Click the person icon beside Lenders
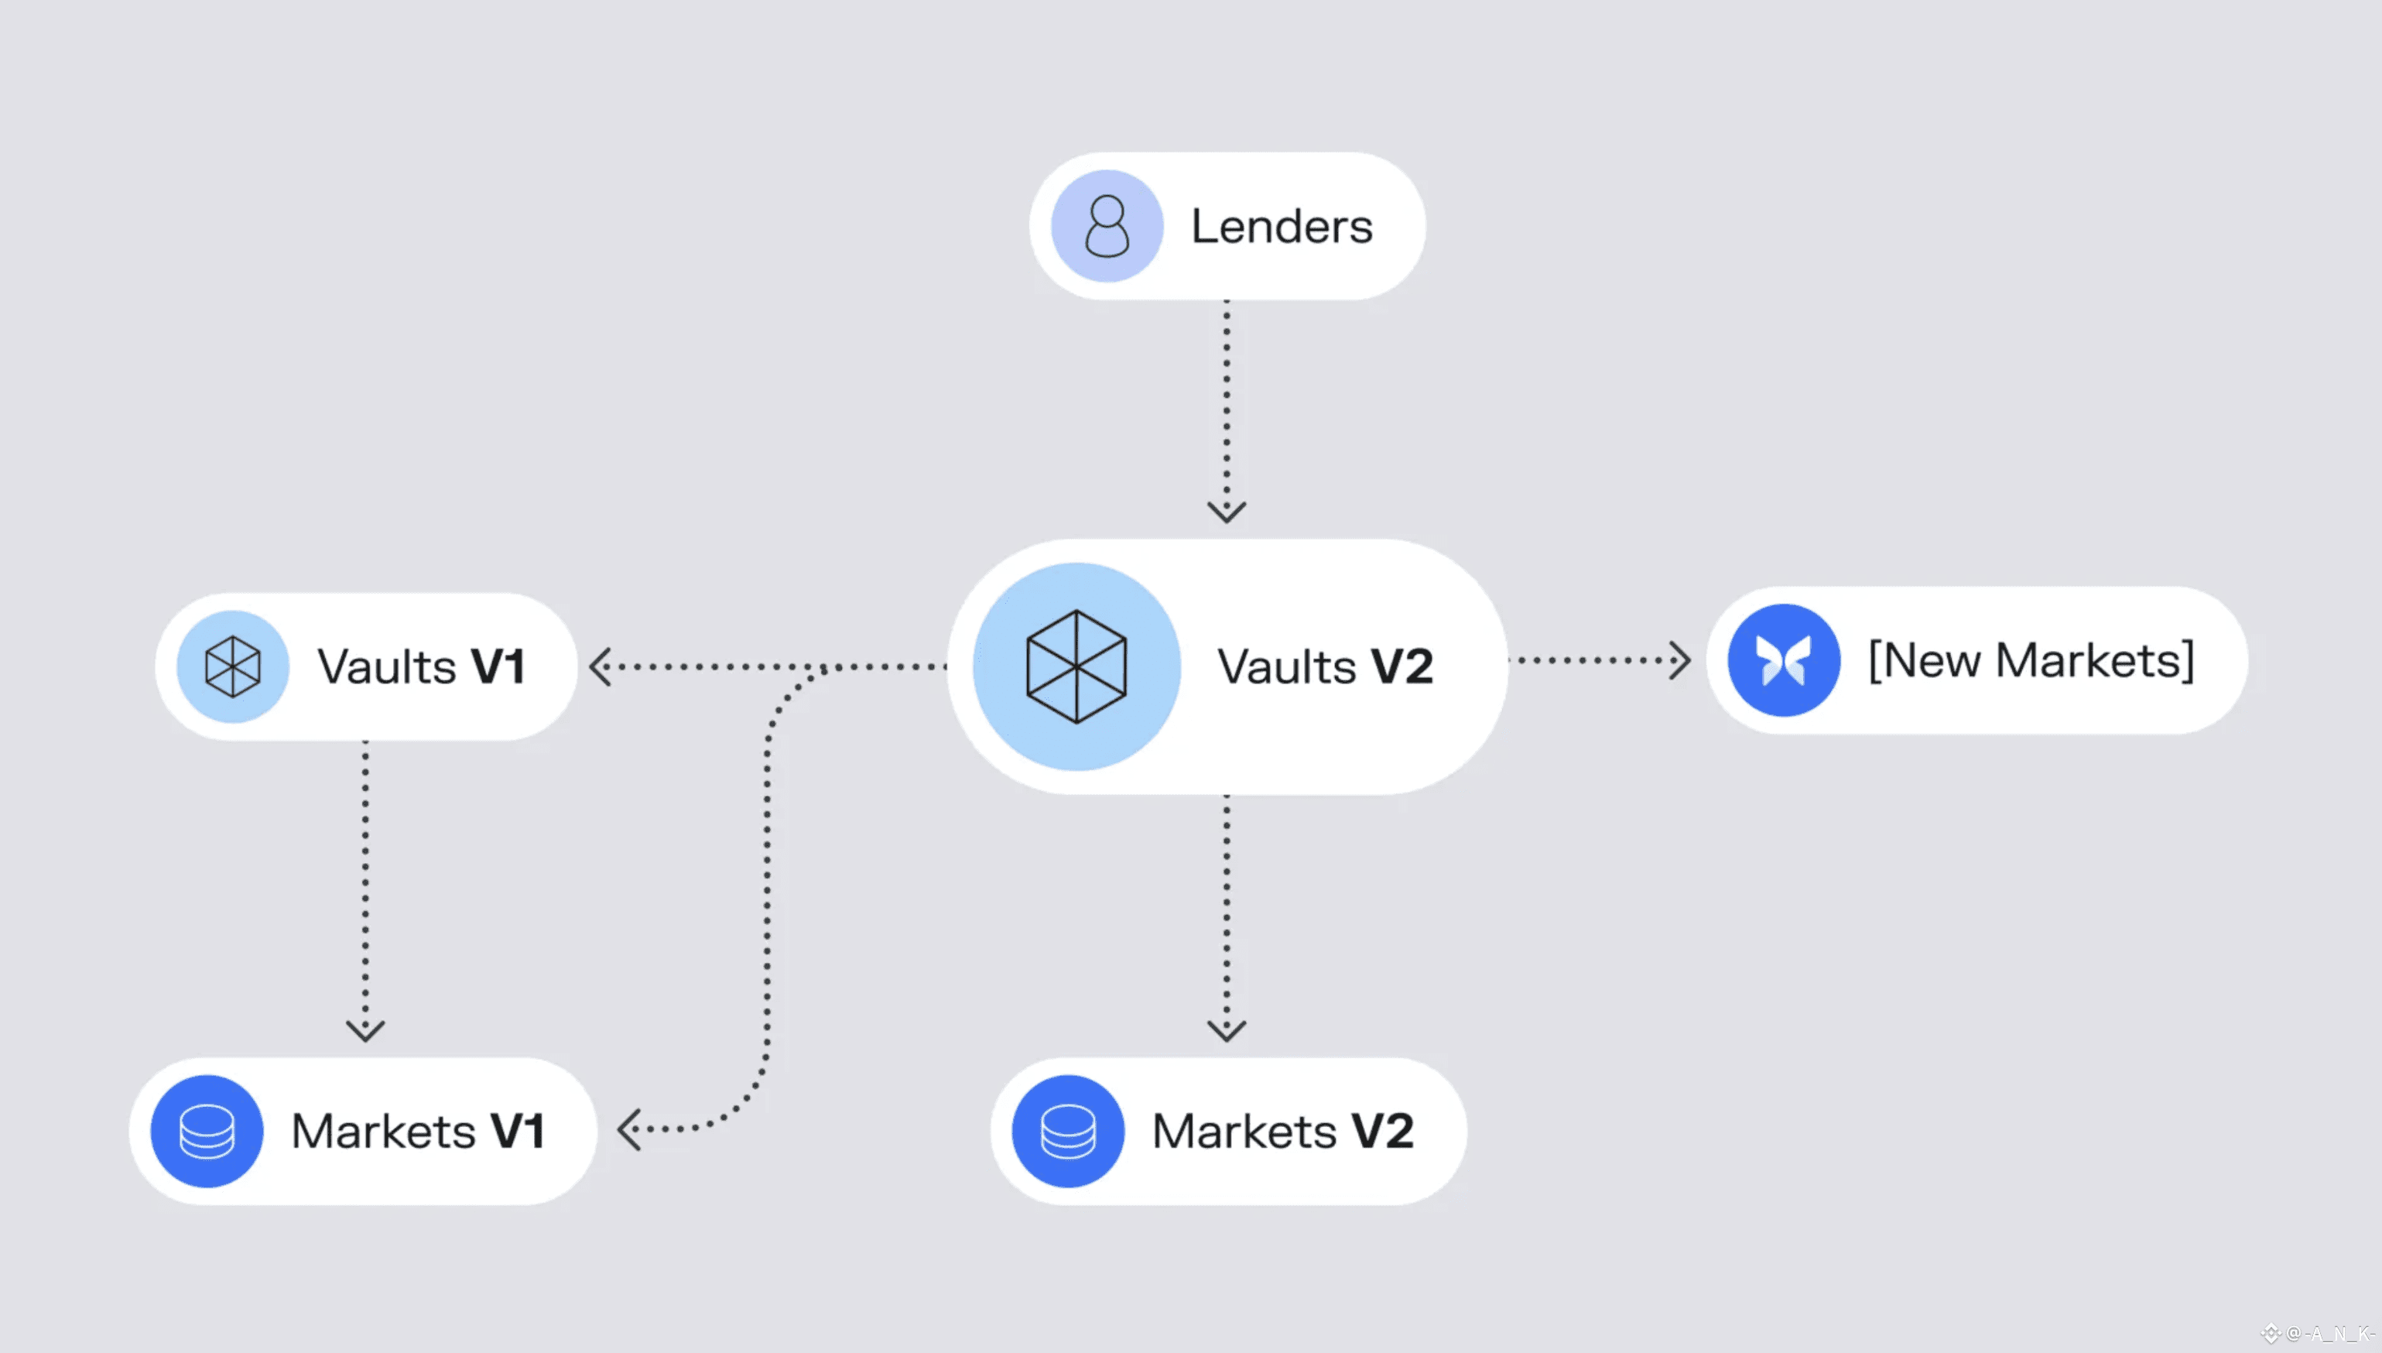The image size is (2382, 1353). point(1107,226)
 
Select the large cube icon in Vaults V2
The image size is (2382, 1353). point(1076,666)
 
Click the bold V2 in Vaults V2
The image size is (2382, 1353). point(1402,666)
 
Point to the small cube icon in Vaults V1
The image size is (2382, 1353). point(232,666)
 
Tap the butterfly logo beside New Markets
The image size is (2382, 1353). point(1784,659)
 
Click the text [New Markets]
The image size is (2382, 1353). point(2031,659)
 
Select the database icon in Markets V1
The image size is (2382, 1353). point(207,1131)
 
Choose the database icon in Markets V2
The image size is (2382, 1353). point(1067,1131)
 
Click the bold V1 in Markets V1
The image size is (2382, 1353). point(518,1131)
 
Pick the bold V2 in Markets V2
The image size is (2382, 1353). point(1382,1131)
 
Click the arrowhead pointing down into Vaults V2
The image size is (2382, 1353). point(1227,511)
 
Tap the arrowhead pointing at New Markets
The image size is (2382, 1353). point(1679,659)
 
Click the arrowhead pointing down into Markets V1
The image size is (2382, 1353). point(365,1029)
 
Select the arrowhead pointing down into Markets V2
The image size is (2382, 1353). point(1227,1029)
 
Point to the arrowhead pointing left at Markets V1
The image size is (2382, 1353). point(629,1129)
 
